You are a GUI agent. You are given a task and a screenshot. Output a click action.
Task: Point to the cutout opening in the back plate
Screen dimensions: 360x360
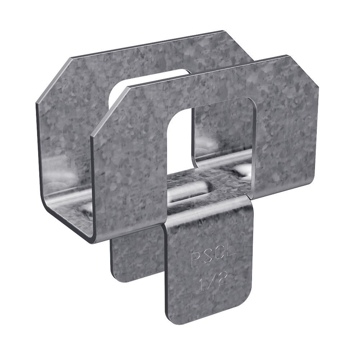[151, 86]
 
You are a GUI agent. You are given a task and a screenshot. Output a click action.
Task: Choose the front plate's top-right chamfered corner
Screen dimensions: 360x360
[302, 70]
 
